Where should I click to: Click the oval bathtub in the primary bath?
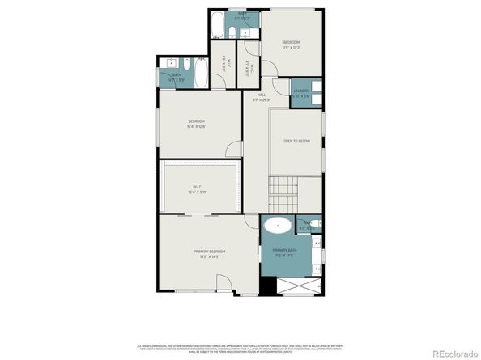(x=279, y=227)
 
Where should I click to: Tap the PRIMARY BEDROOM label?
(x=209, y=253)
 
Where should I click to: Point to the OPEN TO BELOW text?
(x=296, y=141)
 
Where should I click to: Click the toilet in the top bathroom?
(x=233, y=32)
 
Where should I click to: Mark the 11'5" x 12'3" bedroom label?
(x=292, y=44)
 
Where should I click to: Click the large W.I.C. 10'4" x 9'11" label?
(x=198, y=190)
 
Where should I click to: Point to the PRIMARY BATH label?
(x=284, y=252)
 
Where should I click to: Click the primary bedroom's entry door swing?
(x=224, y=282)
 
